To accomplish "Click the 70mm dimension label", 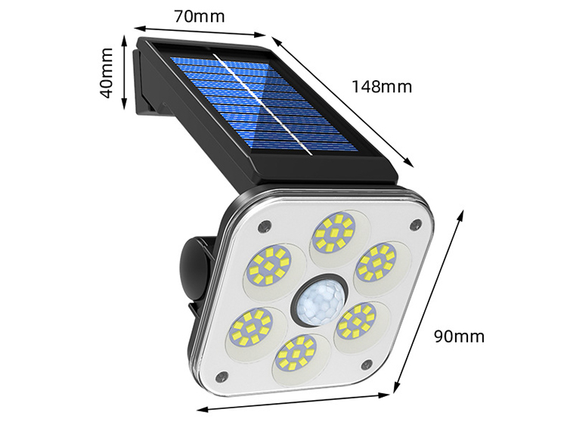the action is coord(200,17).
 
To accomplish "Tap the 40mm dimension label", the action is coord(107,73).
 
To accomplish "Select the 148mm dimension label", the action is coord(382,87).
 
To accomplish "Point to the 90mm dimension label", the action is coord(459,336).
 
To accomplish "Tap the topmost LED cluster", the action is coord(335,232).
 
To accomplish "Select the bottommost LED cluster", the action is coord(296,353).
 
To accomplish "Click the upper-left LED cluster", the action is coord(269,265).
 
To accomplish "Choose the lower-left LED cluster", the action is coord(250,327).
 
